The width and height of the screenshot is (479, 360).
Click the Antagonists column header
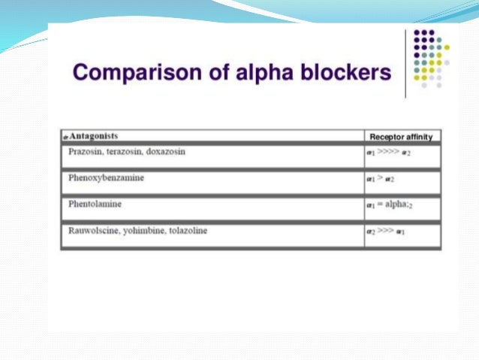[93, 136]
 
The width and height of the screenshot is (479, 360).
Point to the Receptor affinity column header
[402, 137]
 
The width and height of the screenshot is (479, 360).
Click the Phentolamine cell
[95, 204]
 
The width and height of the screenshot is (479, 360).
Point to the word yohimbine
[149, 231]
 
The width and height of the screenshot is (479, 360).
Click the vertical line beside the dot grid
[405, 63]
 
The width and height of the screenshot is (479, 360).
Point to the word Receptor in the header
[387, 137]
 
